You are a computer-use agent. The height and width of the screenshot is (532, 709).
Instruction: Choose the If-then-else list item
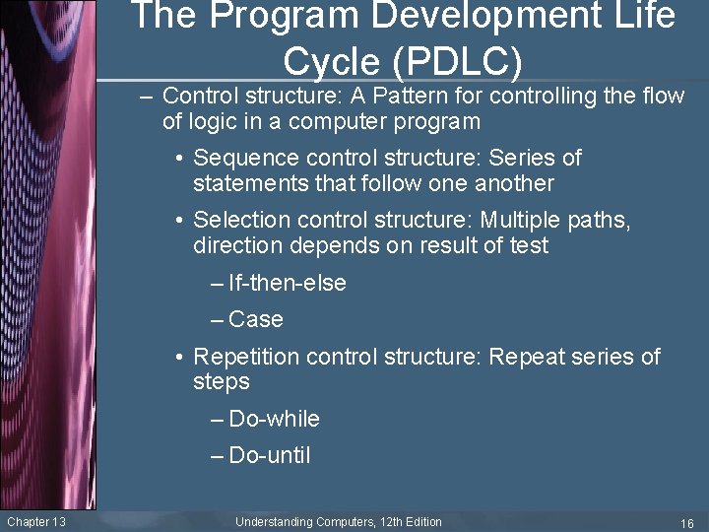(287, 284)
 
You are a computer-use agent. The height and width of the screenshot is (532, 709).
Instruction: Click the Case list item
(255, 319)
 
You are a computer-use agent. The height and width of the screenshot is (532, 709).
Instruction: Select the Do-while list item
(274, 419)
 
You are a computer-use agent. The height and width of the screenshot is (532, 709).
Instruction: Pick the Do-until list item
(269, 455)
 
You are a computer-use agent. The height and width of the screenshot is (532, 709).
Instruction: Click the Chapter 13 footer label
(36, 521)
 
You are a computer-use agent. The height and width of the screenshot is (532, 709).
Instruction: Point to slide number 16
(687, 522)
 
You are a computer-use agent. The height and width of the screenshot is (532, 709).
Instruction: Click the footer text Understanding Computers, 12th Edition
(339, 521)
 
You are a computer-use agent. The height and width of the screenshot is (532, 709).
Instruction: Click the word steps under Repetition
(222, 382)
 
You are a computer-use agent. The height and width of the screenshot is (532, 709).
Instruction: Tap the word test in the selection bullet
(527, 245)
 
